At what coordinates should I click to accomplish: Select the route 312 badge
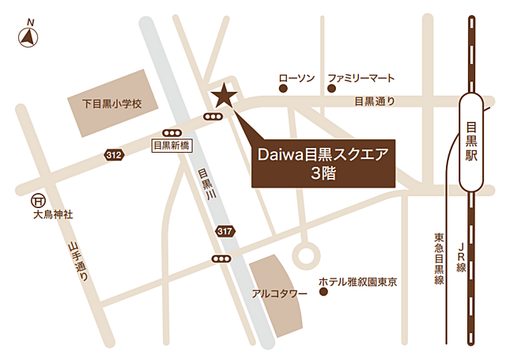click(114, 155)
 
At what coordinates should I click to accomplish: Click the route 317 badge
click(225, 230)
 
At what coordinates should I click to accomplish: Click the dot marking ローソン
click(283, 89)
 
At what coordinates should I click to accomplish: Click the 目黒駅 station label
click(471, 142)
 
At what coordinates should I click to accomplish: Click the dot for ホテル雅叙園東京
click(323, 292)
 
